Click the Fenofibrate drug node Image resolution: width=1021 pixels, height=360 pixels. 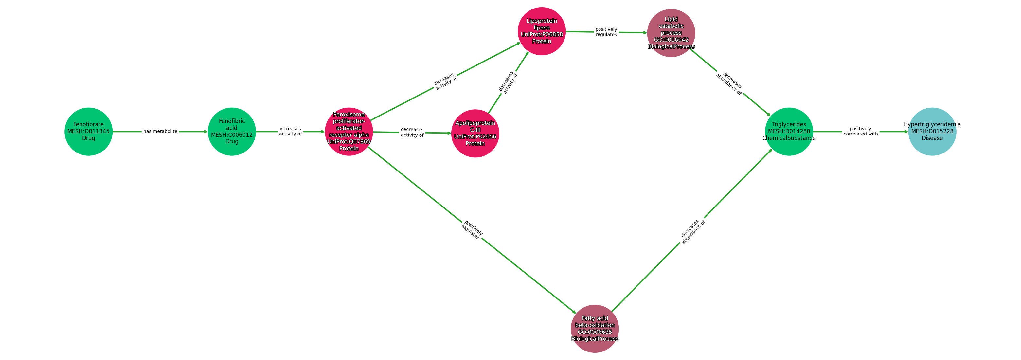click(x=88, y=132)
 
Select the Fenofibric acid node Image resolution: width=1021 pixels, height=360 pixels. click(x=232, y=132)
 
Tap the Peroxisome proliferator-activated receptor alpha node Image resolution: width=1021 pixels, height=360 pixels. click(x=349, y=132)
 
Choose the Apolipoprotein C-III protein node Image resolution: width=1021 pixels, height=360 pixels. click(x=475, y=133)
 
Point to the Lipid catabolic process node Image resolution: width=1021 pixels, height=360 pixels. click(x=671, y=33)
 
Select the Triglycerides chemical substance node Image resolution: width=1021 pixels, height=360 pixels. click(x=789, y=132)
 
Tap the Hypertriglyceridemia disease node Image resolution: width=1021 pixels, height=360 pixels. click(x=932, y=132)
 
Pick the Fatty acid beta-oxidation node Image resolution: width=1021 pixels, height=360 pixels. click(x=595, y=329)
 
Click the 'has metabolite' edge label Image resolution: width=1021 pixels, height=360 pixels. click(x=160, y=132)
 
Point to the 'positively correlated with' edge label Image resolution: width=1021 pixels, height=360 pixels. click(x=860, y=132)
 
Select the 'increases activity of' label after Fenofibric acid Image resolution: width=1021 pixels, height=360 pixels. click(x=290, y=132)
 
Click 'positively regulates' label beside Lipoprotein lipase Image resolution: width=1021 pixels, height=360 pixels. click(x=606, y=32)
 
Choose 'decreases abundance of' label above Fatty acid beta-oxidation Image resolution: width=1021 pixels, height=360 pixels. click(x=692, y=232)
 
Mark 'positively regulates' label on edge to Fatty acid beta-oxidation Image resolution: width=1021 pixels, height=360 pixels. click(x=472, y=230)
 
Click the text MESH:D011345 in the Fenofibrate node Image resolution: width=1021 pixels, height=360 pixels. click(x=88, y=132)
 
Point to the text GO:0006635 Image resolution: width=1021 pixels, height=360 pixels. click(x=595, y=332)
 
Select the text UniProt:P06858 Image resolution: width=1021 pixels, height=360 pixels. click(x=542, y=34)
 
